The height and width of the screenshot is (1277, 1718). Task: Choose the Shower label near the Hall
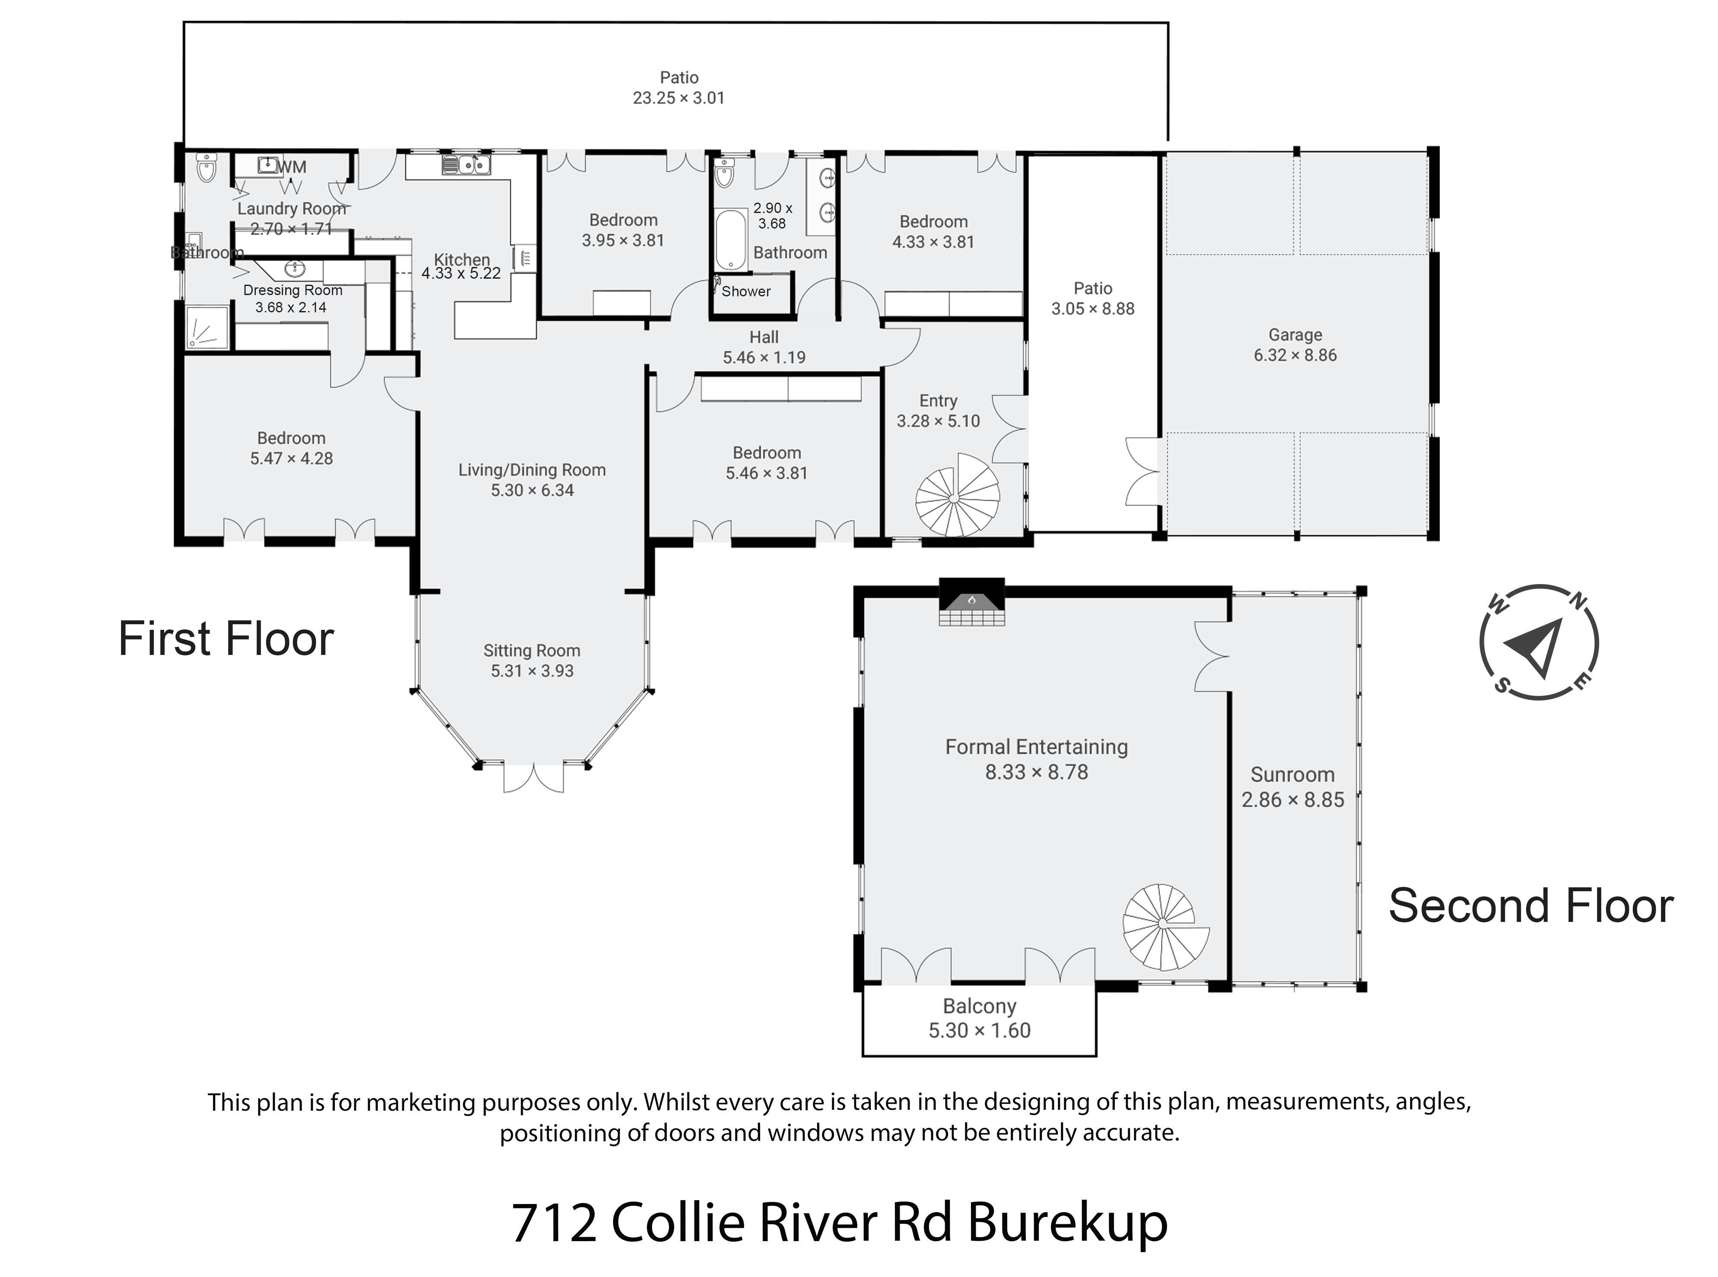click(x=746, y=292)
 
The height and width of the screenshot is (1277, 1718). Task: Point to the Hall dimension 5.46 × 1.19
click(x=764, y=358)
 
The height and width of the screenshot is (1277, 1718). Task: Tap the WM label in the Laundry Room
click(x=292, y=167)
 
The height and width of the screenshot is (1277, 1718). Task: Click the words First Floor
click(x=226, y=639)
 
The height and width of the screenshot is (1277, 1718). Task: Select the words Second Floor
click(x=1531, y=906)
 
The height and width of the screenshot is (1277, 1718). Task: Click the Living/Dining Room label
click(x=532, y=470)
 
